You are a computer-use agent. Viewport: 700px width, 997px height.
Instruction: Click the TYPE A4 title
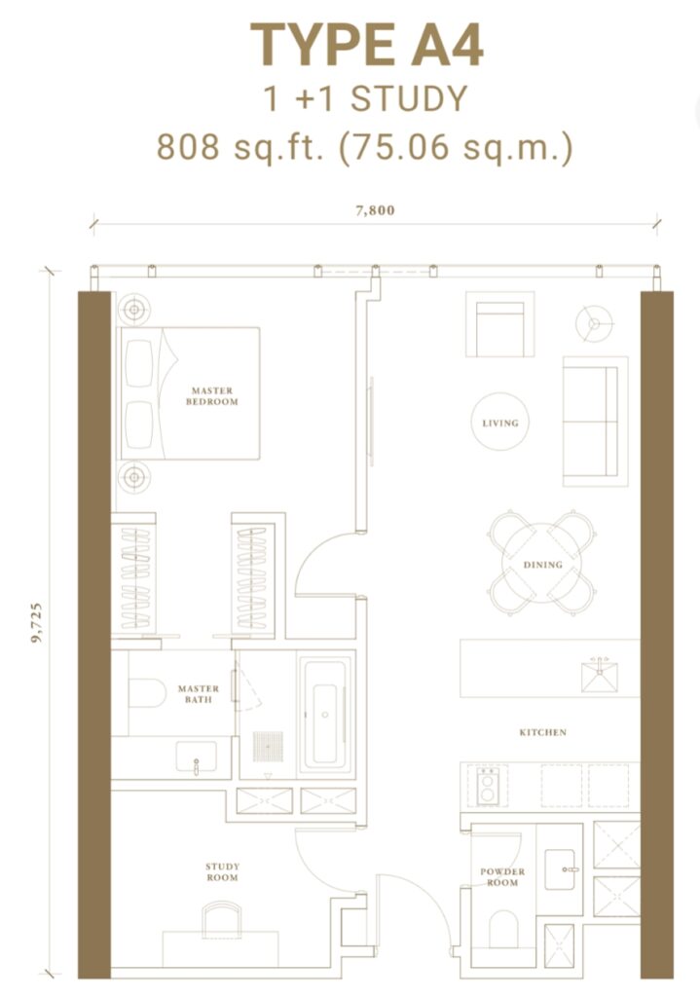point(367,46)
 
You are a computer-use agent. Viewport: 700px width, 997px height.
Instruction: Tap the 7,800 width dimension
point(375,210)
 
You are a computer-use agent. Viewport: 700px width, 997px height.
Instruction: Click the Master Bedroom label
point(212,396)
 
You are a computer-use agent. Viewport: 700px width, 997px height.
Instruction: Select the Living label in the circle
point(500,424)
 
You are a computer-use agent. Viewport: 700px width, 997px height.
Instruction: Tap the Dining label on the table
point(542,565)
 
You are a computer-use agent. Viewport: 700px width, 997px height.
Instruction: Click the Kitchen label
point(542,732)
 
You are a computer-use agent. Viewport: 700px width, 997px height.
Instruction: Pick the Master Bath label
point(199,694)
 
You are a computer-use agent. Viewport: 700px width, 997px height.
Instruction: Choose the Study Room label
point(222,872)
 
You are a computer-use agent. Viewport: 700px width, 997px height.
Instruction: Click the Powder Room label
point(502,877)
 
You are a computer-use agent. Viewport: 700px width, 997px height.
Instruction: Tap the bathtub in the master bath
point(324,716)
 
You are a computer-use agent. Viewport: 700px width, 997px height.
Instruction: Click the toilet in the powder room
point(503,929)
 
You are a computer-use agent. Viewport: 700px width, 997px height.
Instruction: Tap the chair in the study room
point(222,918)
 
